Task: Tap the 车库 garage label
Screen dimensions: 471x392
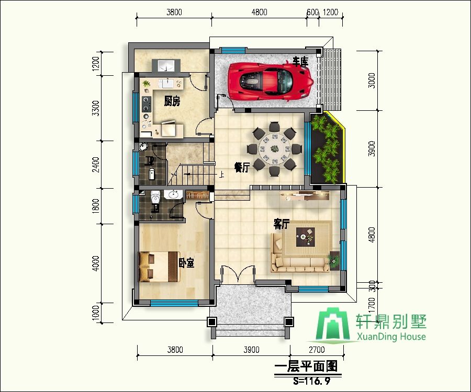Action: (300, 62)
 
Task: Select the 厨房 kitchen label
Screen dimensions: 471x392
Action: (172, 101)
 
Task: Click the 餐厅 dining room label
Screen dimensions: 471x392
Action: (242, 167)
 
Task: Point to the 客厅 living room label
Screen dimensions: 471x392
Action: (282, 224)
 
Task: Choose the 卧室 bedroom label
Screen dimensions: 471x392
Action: (186, 263)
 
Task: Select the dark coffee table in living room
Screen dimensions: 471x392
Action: (306, 237)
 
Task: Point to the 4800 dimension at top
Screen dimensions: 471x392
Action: (259, 13)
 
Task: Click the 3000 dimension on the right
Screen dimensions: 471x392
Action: (372, 80)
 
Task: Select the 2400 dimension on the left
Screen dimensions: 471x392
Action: (96, 164)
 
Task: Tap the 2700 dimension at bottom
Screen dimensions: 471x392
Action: (317, 350)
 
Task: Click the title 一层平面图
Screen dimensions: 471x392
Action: (306, 366)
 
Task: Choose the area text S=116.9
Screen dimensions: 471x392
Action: (312, 381)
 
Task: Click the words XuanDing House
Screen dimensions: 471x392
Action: (391, 337)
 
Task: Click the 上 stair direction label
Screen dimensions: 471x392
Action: (221, 174)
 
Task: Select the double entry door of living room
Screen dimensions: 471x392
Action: (238, 273)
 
